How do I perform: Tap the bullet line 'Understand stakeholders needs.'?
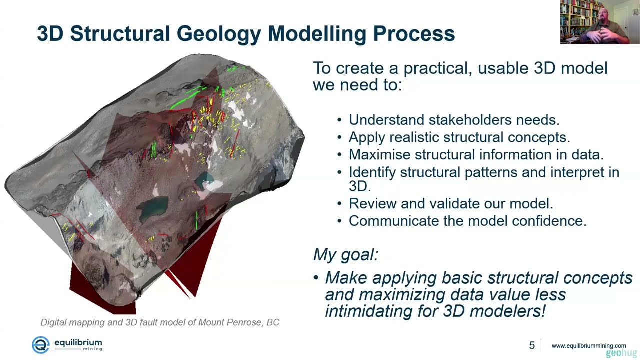[x=454, y=120]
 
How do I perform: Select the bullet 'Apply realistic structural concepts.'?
[x=459, y=137]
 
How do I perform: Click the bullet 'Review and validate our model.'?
[x=450, y=203]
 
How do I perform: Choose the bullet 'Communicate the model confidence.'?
[x=467, y=221]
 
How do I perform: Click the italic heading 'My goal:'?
[x=345, y=254]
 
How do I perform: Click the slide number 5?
[x=532, y=345]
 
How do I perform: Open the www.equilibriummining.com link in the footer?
[x=588, y=345]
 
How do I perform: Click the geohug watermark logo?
[x=621, y=353]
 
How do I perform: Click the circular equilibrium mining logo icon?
[x=40, y=345]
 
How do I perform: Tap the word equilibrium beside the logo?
[x=78, y=342]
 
